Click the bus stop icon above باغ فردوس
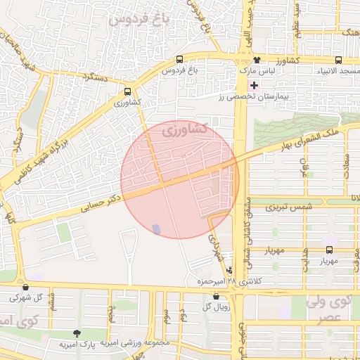tap(181, 60)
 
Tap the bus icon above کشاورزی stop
tap(127, 91)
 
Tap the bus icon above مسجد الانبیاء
tap(339, 60)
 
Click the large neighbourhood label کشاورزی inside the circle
tap(184, 129)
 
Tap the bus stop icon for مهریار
tap(330, 250)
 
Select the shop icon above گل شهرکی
tap(26, 286)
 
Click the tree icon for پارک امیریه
tap(77, 333)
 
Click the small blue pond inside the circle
tap(156, 229)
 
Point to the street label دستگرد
tap(93, 78)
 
